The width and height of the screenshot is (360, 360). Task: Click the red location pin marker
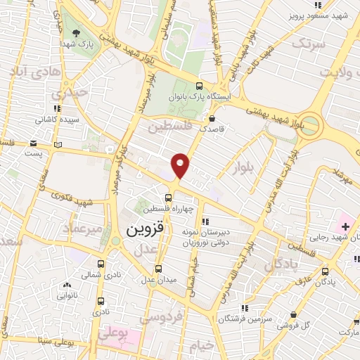tap(181, 165)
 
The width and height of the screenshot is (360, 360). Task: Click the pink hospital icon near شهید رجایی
tap(345, 226)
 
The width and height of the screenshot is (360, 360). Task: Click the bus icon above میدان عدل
tap(158, 269)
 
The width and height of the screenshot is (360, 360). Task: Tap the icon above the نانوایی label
tap(67, 285)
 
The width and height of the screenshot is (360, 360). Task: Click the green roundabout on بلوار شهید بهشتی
tap(314, 128)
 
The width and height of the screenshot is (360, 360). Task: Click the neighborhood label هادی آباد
tap(28, 72)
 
